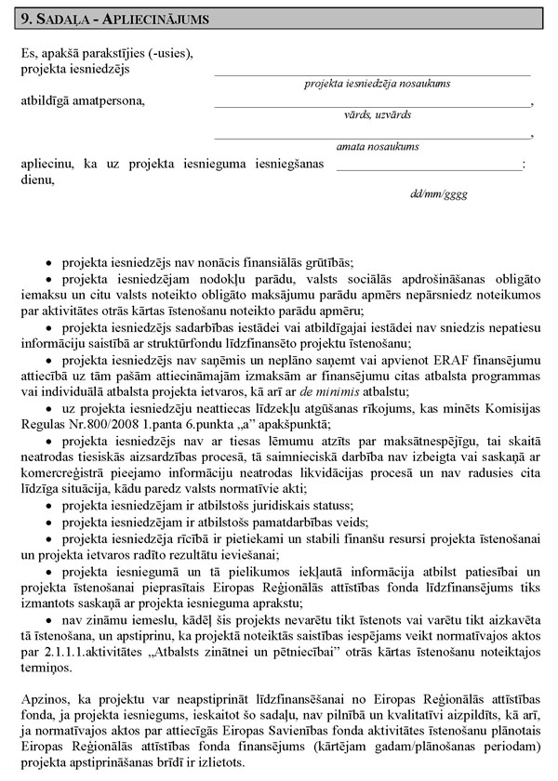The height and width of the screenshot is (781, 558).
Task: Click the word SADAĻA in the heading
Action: pyautogui.click(x=64, y=18)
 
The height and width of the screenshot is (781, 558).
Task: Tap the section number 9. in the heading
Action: pyautogui.click(x=27, y=18)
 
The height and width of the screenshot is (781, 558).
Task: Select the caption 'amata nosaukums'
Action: pyautogui.click(x=377, y=146)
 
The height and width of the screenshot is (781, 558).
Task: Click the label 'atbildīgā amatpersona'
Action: pyautogui.click(x=83, y=99)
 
